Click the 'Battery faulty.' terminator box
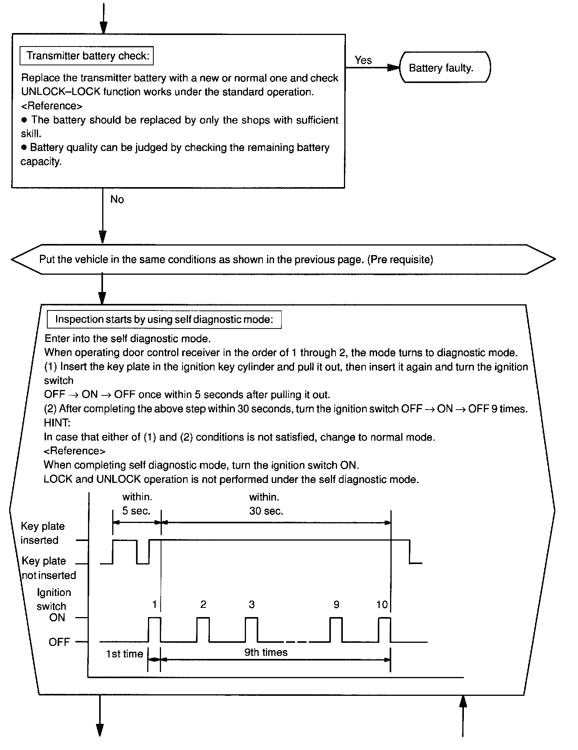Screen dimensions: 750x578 (x=445, y=68)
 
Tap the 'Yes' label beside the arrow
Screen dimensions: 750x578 (x=363, y=60)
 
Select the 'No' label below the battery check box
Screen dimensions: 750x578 (x=117, y=199)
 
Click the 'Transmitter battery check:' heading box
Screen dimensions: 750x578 (x=87, y=56)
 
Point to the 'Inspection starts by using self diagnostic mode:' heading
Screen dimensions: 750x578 (x=164, y=320)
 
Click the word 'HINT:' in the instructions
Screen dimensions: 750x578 (x=57, y=423)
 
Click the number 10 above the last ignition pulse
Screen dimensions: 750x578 (x=382, y=605)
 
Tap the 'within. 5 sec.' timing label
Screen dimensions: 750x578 (x=137, y=504)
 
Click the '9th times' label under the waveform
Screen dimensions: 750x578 (x=266, y=652)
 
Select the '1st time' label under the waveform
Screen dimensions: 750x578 (x=125, y=654)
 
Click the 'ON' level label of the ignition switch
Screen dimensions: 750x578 (x=57, y=618)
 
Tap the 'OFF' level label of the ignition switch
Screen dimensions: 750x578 (x=59, y=642)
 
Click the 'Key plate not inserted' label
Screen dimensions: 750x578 (x=48, y=568)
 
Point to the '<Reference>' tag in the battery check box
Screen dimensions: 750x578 (x=51, y=106)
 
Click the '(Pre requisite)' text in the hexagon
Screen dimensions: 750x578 (x=400, y=260)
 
